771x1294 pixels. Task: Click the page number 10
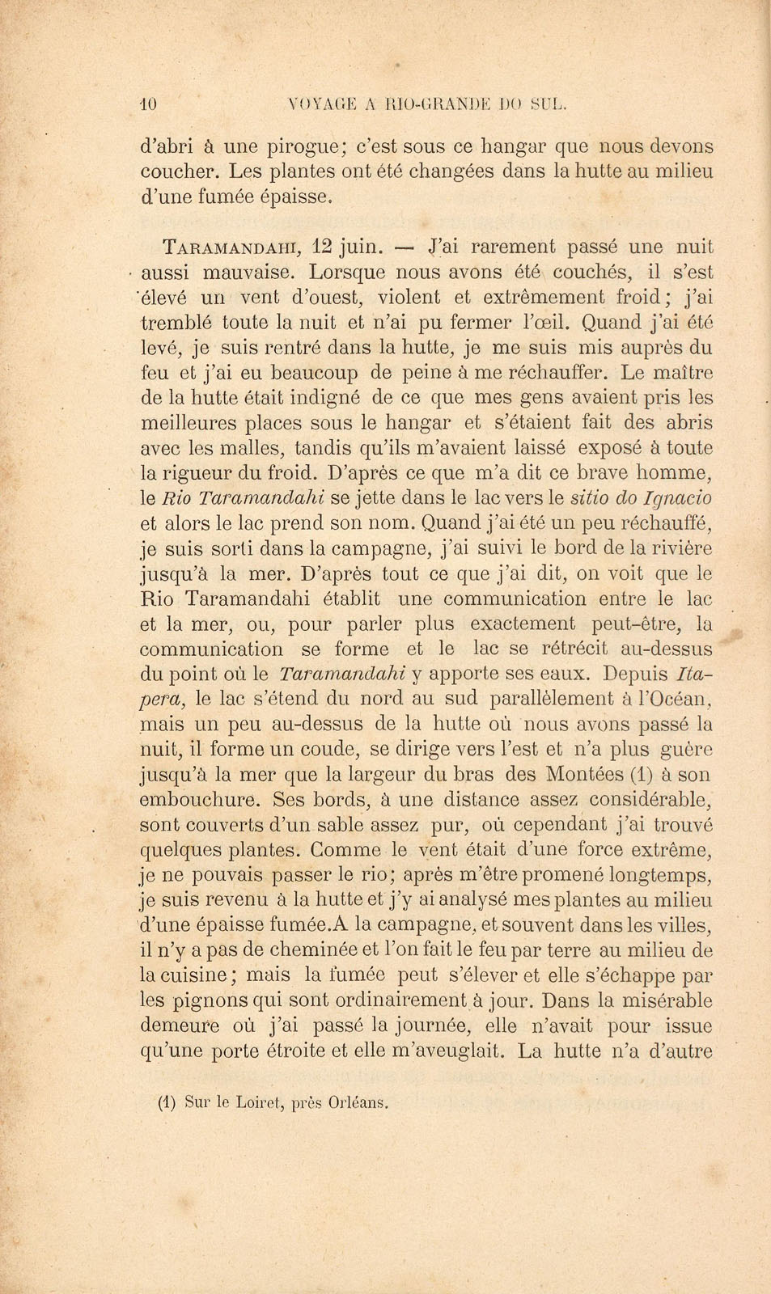[150, 104]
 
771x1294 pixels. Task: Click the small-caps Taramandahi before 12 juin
[231, 247]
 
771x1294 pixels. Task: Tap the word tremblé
[176, 323]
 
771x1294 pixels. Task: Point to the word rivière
[676, 548]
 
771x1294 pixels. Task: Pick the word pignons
[210, 1000]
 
